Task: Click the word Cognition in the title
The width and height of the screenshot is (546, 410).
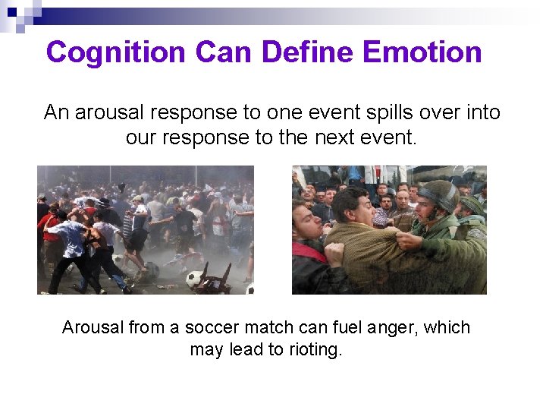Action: coord(116,52)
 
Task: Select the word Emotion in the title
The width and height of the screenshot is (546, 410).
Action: coord(422,52)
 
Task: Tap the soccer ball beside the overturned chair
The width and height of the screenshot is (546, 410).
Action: coord(195,278)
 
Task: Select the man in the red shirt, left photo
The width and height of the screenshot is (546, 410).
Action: coord(52,228)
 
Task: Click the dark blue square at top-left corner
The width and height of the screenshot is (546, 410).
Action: coord(11,11)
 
